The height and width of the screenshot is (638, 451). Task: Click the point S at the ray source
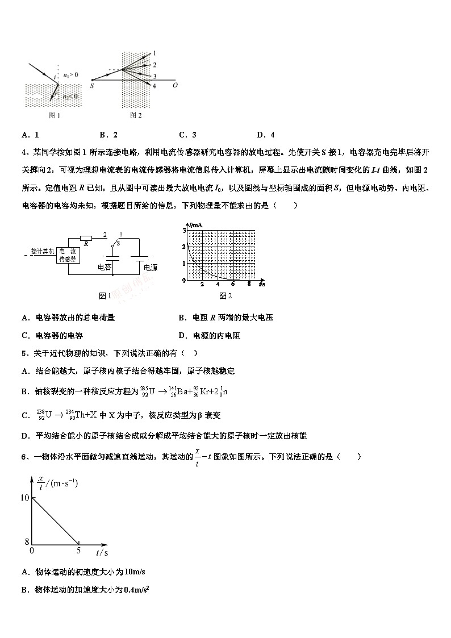(x=91, y=85)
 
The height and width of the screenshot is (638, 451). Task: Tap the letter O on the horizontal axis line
(x=174, y=86)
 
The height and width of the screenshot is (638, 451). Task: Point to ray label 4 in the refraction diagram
(x=154, y=86)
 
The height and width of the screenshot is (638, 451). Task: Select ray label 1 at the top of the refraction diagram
(x=154, y=53)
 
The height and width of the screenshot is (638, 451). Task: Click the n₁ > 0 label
(x=70, y=74)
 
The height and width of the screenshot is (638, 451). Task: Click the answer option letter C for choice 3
(x=182, y=135)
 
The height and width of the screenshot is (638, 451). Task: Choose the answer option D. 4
(x=265, y=135)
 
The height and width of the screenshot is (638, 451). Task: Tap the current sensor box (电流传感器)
(x=68, y=255)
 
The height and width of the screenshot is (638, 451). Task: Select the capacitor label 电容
(x=105, y=267)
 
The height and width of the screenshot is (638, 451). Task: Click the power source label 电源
(x=150, y=268)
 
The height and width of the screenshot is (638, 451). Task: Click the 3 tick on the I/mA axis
(x=184, y=230)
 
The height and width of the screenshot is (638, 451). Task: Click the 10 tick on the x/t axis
(x=23, y=498)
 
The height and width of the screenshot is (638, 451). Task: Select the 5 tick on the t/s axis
(x=78, y=551)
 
